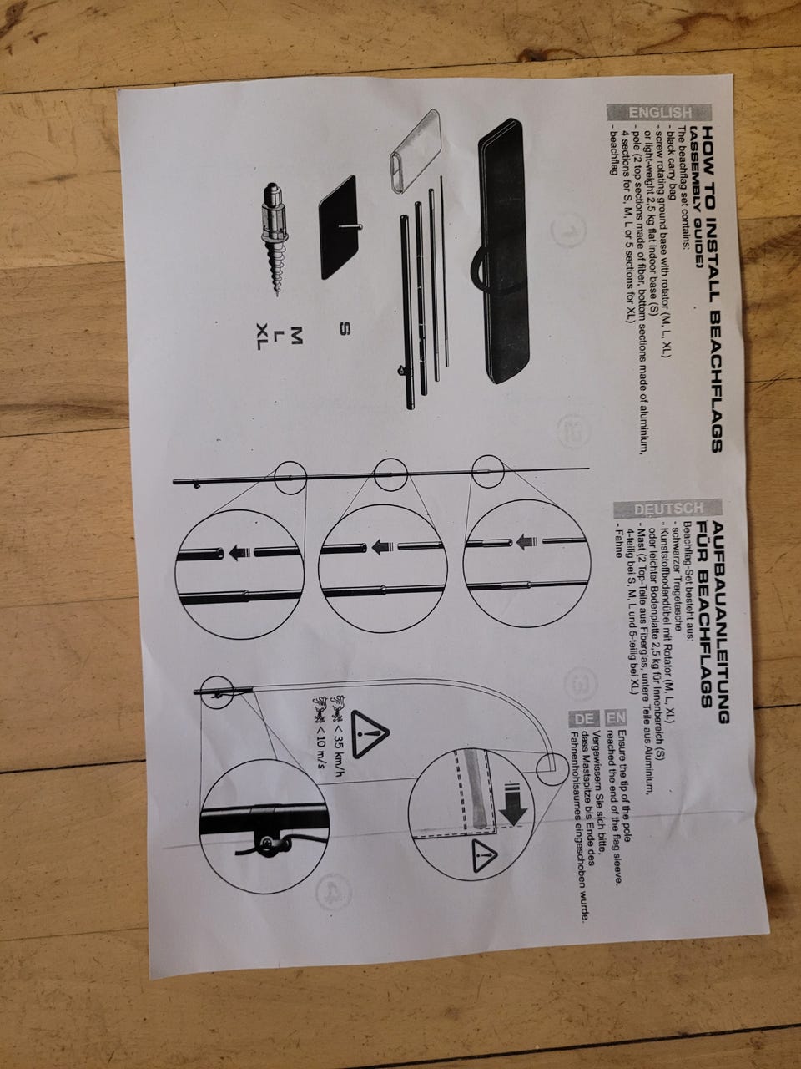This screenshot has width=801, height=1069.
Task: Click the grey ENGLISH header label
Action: coord(660,113)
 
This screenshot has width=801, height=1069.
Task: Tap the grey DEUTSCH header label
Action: coord(668,509)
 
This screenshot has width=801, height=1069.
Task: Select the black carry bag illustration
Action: coord(504,251)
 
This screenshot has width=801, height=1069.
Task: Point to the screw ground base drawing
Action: coord(275,239)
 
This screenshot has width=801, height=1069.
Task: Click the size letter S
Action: coord(345,329)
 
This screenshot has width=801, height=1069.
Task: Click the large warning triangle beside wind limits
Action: coord(370,734)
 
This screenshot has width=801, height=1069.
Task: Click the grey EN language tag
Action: coord(616,717)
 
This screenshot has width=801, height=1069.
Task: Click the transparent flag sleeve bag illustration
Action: coord(415,151)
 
